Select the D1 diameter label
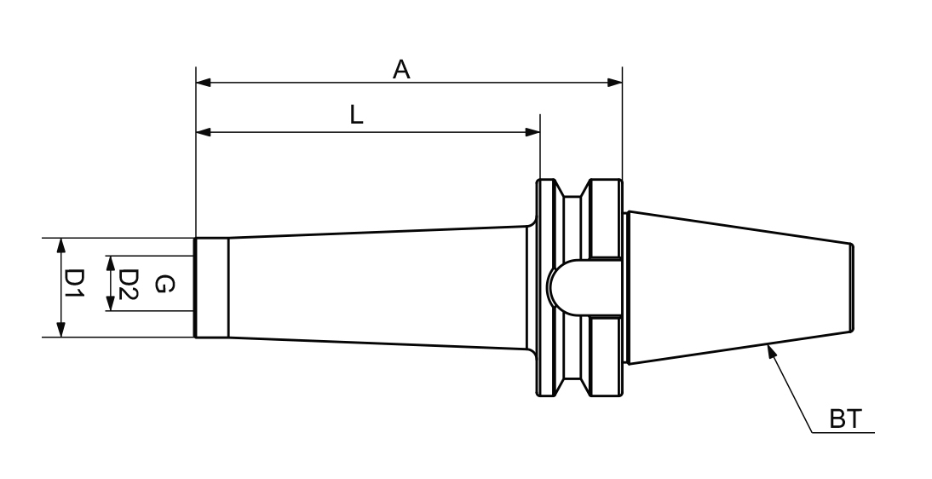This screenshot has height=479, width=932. pyautogui.click(x=76, y=287)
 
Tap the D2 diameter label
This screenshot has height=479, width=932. pyautogui.click(x=128, y=283)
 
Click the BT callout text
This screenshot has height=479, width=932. pyautogui.click(x=846, y=419)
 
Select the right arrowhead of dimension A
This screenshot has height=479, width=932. pyautogui.click(x=614, y=83)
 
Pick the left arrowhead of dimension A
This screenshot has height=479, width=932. pyautogui.click(x=204, y=83)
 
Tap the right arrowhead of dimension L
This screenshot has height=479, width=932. pyautogui.click(x=532, y=132)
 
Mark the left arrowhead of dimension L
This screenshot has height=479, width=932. pyautogui.click(x=204, y=132)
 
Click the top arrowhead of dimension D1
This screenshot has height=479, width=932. pyautogui.click(x=60, y=245)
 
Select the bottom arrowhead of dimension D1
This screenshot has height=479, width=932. pyautogui.click(x=60, y=330)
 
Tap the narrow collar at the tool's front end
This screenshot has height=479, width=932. pyautogui.click(x=211, y=287)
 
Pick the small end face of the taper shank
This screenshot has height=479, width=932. pyautogui.click(x=851, y=287)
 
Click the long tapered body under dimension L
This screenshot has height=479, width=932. pyautogui.click(x=375, y=287)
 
